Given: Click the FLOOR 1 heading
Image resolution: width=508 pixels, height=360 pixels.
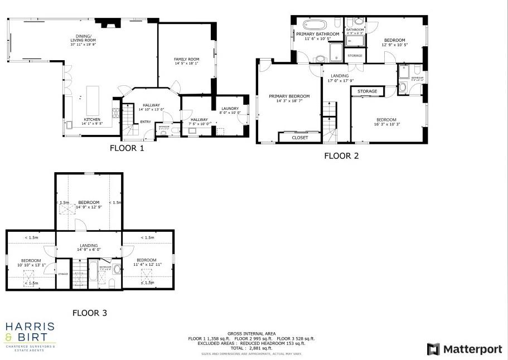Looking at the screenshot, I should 127,148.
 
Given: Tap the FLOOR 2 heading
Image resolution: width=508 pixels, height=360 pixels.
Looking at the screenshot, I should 341,156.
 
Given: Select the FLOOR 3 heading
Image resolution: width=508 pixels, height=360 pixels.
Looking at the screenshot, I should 89,313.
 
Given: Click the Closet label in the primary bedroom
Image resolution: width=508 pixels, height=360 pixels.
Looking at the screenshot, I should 300,138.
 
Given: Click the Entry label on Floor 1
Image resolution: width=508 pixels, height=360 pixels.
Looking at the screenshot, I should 145,122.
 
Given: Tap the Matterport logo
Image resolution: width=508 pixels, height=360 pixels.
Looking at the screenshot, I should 464,349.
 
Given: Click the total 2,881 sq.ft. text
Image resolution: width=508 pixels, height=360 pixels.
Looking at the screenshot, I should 251,348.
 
